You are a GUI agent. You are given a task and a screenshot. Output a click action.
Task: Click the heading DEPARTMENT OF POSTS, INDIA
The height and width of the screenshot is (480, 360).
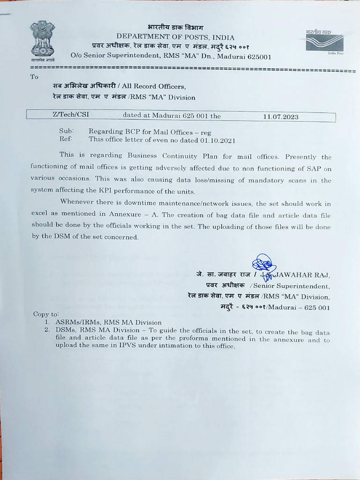point(176,37)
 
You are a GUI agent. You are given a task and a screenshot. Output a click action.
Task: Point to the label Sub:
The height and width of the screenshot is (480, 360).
point(65,132)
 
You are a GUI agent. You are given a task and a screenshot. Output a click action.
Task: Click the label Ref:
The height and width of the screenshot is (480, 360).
point(65,140)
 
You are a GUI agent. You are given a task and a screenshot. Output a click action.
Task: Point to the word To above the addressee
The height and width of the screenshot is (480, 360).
point(34,77)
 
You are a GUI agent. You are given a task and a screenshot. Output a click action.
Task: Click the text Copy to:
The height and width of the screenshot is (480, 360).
point(46,314)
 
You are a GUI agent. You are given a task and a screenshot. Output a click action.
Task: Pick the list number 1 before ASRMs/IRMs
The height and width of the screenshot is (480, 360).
point(47,322)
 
